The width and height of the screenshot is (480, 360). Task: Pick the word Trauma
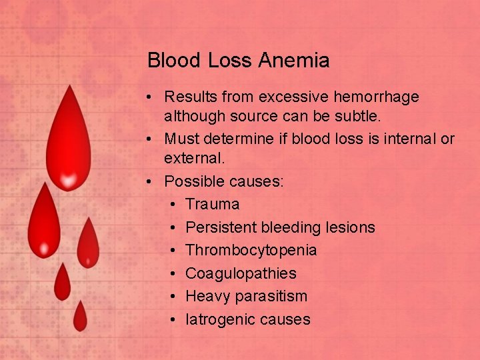[212, 205]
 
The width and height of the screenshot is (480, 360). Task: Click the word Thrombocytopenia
[251, 251]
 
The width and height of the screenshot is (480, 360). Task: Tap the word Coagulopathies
[241, 273]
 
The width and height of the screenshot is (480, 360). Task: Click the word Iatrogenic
[215, 319]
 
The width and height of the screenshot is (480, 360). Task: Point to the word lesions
[351, 228]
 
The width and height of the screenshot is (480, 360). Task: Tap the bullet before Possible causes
[153, 182]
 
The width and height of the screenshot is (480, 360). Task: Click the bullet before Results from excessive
[153, 97]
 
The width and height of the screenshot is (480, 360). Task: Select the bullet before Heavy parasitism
[173, 296]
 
